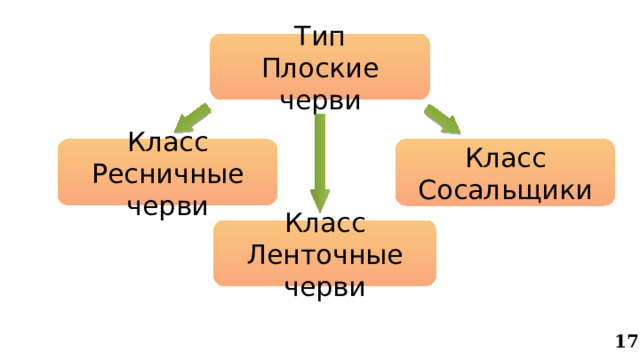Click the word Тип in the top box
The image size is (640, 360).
[x=320, y=38]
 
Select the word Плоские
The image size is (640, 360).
[x=320, y=69]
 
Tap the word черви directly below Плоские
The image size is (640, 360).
[x=320, y=99]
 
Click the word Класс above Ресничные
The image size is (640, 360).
[x=168, y=144]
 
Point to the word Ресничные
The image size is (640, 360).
[x=168, y=174]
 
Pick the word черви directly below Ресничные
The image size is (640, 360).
[x=168, y=205]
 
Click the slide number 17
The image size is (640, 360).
[x=627, y=342]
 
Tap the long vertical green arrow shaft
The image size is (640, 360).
[x=320, y=150]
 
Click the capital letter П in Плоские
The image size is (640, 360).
[x=270, y=69]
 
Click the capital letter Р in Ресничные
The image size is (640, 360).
[x=99, y=174]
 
